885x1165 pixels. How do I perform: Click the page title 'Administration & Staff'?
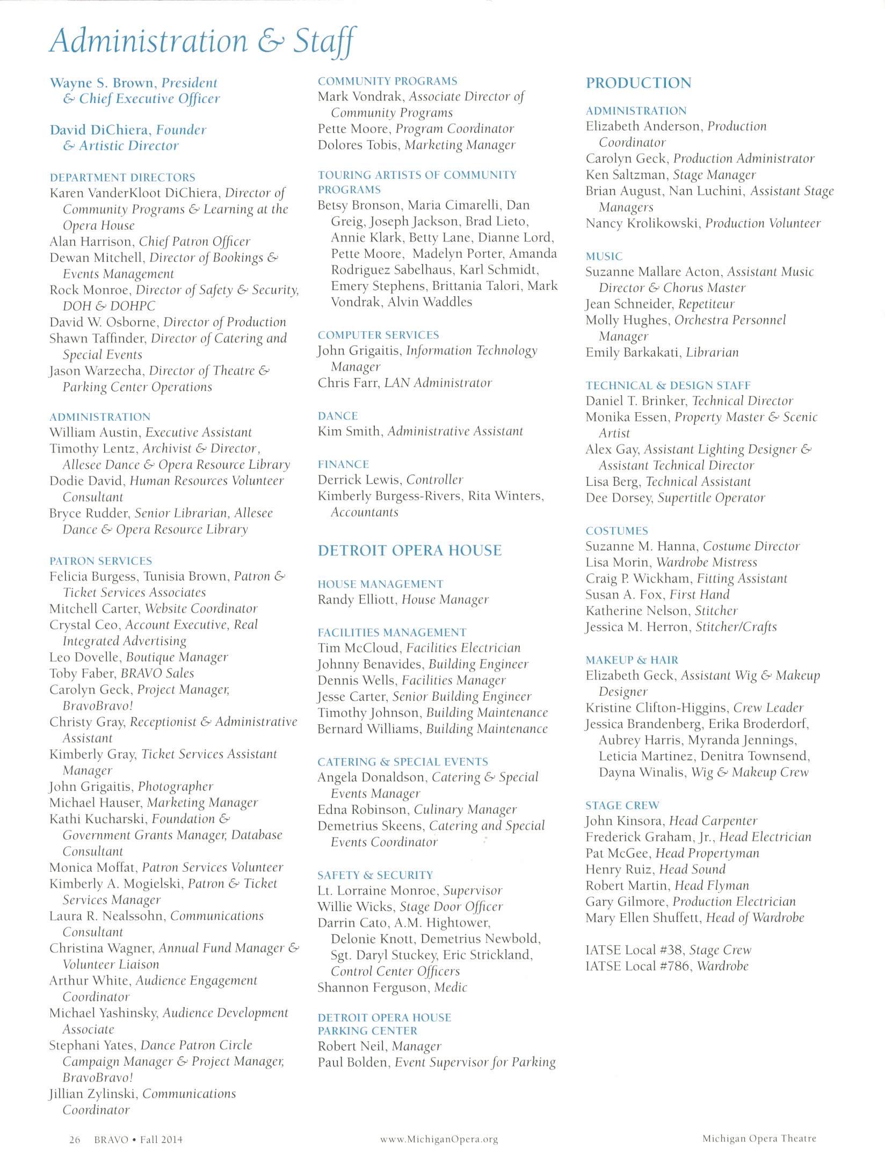pyautogui.click(x=202, y=41)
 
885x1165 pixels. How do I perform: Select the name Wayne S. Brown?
pyautogui.click(x=101, y=83)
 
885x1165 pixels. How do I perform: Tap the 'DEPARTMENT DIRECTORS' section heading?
pyautogui.click(x=122, y=178)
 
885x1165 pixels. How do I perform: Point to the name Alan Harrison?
pyautogui.click(x=90, y=242)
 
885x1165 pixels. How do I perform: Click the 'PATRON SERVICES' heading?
pyautogui.click(x=101, y=561)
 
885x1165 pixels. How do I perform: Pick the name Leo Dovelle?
pyautogui.click(x=84, y=657)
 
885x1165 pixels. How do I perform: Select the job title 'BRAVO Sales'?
pyautogui.click(x=157, y=673)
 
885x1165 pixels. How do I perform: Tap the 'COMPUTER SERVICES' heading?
pyautogui.click(x=378, y=335)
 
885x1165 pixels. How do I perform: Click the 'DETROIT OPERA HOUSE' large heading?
pyautogui.click(x=409, y=550)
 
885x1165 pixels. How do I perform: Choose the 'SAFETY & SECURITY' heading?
pyautogui.click(x=375, y=875)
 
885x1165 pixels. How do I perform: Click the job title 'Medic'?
pyautogui.click(x=451, y=987)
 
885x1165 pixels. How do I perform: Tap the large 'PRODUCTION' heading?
pyautogui.click(x=639, y=83)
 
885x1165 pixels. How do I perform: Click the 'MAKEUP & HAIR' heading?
pyautogui.click(x=632, y=660)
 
